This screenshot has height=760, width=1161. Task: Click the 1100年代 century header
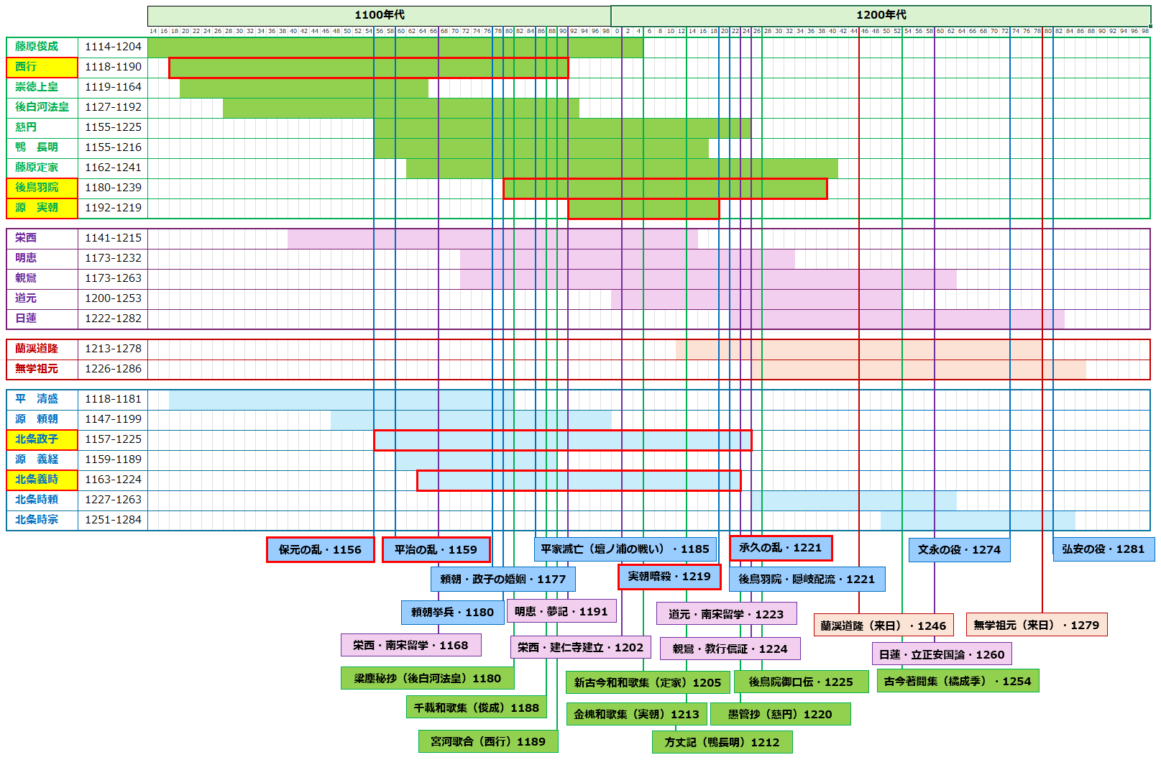tap(379, 15)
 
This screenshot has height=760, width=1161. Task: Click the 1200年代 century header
tap(881, 15)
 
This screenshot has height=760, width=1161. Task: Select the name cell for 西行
tap(42, 67)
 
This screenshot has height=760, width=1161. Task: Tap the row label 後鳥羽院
tap(42, 188)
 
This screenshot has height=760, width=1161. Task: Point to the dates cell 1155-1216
tap(113, 147)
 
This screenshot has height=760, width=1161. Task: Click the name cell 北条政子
tap(42, 439)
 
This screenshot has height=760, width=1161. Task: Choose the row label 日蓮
tap(42, 319)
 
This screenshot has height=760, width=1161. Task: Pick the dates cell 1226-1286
tap(113, 369)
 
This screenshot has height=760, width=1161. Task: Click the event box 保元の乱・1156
tap(320, 550)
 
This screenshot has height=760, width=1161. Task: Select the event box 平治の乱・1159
tap(436, 550)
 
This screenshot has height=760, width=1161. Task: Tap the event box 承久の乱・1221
tap(781, 548)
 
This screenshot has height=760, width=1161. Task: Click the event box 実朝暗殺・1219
tap(669, 577)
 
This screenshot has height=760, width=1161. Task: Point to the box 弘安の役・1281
tap(1103, 549)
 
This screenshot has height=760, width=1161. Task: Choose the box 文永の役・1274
tap(959, 550)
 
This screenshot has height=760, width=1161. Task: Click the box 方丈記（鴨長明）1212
tap(722, 742)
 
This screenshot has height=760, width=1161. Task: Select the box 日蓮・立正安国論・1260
tap(942, 654)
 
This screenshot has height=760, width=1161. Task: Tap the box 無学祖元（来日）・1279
tap(1037, 626)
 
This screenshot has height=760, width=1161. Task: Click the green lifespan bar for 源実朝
tap(643, 209)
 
